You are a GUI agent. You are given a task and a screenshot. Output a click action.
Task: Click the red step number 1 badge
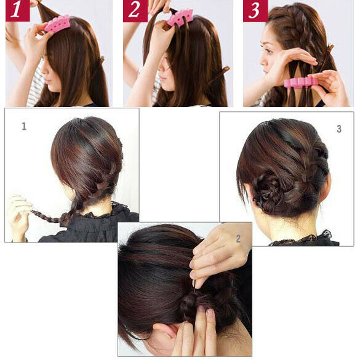pyautogui.click(x=18, y=10)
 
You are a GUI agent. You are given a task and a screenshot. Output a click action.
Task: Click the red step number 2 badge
pyautogui.click(x=135, y=11)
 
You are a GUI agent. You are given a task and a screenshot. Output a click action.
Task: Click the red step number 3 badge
pyautogui.click(x=255, y=11)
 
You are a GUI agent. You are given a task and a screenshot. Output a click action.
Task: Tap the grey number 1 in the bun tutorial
pyautogui.click(x=24, y=126)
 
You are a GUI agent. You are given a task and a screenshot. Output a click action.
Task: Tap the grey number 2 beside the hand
pyautogui.click(x=238, y=239)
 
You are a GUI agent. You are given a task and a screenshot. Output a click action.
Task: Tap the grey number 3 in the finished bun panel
pyautogui.click(x=339, y=129)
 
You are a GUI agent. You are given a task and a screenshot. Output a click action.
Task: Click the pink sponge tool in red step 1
pyautogui.click(x=57, y=23)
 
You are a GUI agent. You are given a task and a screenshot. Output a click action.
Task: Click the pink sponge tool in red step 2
pyautogui.click(x=180, y=18)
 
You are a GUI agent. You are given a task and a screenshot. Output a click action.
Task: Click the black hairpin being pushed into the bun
pyautogui.click(x=195, y=286)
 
